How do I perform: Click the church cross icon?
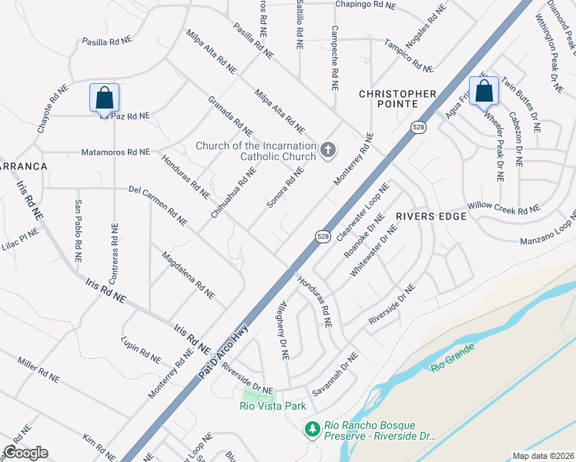(x=328, y=149)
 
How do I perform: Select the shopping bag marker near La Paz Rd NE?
(x=105, y=98)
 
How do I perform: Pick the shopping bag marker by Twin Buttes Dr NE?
(x=484, y=92)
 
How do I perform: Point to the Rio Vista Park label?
(x=273, y=406)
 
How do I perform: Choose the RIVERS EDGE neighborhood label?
(x=431, y=216)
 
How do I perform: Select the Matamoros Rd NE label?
(x=116, y=152)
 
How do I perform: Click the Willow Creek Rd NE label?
(x=504, y=209)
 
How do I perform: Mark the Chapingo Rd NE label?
(x=365, y=5)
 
